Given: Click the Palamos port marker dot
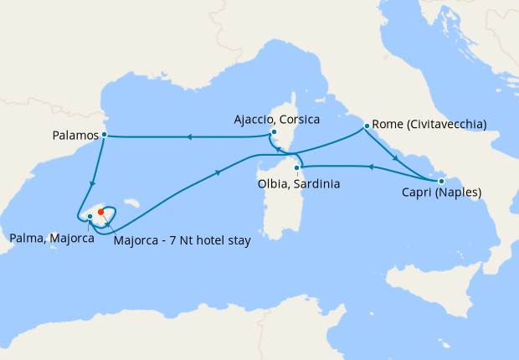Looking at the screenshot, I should pyautogui.click(x=104, y=134).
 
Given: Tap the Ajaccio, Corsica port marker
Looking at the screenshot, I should pyautogui.click(x=274, y=132).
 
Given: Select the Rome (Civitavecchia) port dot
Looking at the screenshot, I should pyautogui.click(x=367, y=126).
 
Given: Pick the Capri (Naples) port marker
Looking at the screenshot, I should pyautogui.click(x=441, y=181).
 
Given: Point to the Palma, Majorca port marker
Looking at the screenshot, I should pyautogui.click(x=90, y=218).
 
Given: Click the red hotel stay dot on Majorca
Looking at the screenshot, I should pyautogui.click(x=100, y=211).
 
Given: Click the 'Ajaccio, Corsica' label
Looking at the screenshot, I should pyautogui.click(x=276, y=119).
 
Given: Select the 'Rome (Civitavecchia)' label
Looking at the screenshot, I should pyautogui.click(x=429, y=125).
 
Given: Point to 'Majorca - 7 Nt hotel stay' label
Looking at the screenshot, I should pyautogui.click(x=181, y=242).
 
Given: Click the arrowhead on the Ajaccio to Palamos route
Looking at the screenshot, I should pyautogui.click(x=188, y=136).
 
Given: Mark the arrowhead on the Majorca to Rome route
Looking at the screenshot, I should pyautogui.click(x=219, y=173).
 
